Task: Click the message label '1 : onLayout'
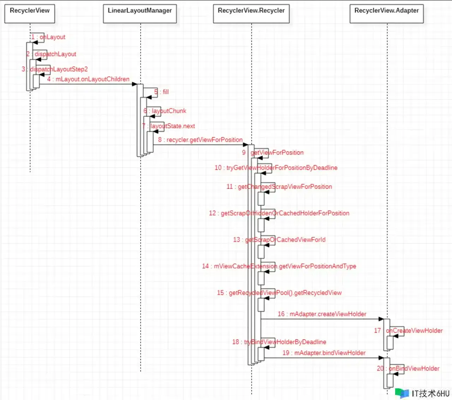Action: click(48, 37)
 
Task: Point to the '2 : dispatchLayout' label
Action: click(51, 54)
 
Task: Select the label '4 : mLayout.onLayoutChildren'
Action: click(88, 79)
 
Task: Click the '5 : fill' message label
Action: click(161, 92)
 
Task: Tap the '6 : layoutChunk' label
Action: click(165, 111)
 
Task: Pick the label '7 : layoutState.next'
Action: click(168, 126)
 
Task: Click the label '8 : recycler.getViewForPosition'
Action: click(200, 140)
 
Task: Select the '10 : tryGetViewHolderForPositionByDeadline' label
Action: click(276, 168)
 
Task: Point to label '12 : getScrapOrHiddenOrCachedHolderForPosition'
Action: click(279, 213)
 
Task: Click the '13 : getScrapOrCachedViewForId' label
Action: click(279, 240)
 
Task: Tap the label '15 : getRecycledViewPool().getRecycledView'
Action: click(279, 292)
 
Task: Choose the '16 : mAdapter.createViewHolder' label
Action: click(322, 314)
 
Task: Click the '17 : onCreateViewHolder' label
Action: click(408, 331)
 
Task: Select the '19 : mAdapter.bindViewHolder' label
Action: click(324, 353)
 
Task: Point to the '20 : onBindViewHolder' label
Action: click(408, 368)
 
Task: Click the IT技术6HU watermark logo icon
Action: click(402, 394)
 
